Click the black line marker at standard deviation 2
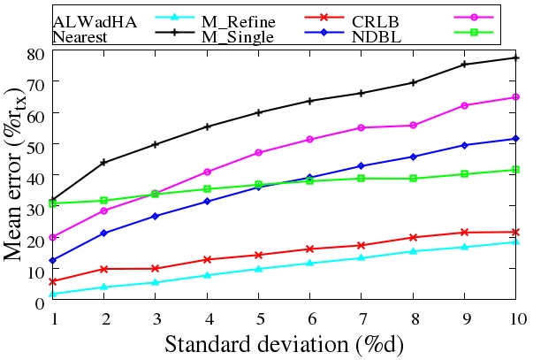tap(105, 162)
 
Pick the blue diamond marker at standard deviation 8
tap(414, 157)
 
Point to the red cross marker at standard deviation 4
tap(208, 259)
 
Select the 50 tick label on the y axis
tap(34, 145)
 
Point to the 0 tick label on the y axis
tap(40, 303)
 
